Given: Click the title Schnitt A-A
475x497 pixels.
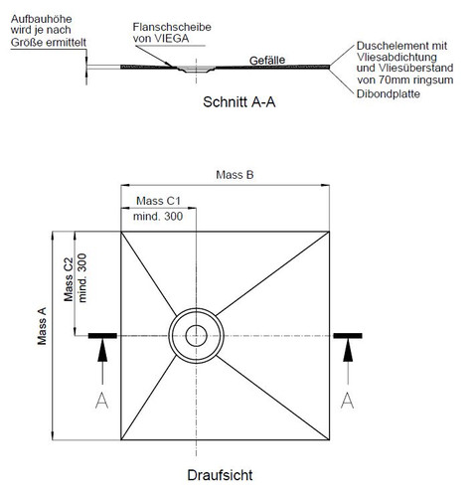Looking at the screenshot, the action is pos(239,102).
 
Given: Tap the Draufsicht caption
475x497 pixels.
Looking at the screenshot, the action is pos(220,475).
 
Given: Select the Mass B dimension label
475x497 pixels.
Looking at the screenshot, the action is pos(235,175).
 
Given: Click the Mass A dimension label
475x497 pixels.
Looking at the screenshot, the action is pos(42,326).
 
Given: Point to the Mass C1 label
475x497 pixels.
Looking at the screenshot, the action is pos(159,201).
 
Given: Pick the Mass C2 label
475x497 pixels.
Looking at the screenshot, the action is pos(69,279).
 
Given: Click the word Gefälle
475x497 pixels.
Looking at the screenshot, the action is pos(267,61).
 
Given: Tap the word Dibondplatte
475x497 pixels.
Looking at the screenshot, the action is pos(389,93).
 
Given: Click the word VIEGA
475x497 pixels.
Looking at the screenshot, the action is pos(172,39).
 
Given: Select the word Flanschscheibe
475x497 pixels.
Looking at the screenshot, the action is pos(172,27).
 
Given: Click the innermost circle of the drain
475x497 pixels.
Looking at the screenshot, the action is pos(196,325).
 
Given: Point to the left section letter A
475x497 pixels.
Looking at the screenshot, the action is pos(101,401).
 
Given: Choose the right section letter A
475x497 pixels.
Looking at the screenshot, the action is pos(348,401).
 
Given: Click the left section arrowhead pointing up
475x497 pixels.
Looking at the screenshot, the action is pos(102,351).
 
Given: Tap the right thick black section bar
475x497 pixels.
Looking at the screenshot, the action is pos(348,336).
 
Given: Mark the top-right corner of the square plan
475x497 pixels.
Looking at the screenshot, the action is pos(329,232).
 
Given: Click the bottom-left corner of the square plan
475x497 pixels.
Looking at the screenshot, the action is pos(121,440).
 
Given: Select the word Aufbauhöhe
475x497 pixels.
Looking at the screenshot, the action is pos(41,19).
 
